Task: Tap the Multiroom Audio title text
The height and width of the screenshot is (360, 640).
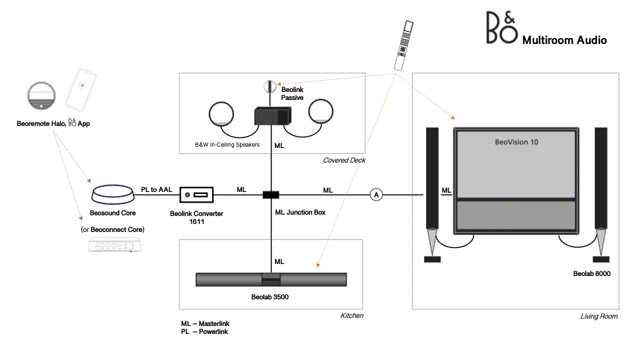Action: click(564, 40)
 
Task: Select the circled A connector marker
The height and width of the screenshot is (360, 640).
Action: click(377, 195)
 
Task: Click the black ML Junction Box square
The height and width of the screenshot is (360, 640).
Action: click(271, 195)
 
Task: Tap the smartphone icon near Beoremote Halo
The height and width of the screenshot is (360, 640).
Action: click(81, 89)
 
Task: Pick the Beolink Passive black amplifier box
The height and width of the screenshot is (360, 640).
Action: click(271, 117)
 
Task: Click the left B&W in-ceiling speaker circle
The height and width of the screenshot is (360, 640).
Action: click(221, 114)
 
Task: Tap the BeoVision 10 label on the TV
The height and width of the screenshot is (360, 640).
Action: click(516, 142)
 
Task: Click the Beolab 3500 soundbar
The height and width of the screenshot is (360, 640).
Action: click(271, 279)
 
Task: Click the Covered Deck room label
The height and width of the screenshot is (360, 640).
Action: click(345, 161)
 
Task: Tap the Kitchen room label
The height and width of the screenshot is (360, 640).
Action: click(352, 315)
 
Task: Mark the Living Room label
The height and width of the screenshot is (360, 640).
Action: click(599, 317)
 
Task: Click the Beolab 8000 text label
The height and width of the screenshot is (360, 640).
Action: click(592, 274)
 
